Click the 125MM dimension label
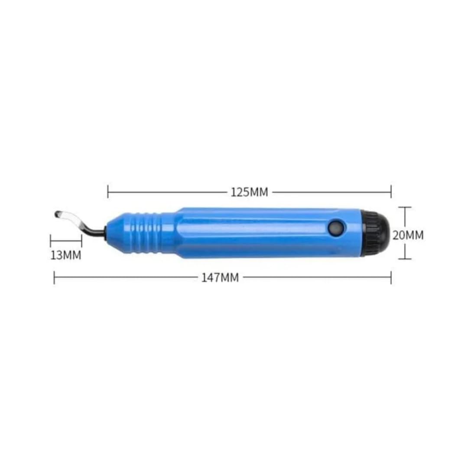coord(250,192)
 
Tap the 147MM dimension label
coord(220,278)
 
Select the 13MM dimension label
coord(66,256)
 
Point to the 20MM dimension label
coord(408,235)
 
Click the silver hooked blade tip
coord(67,218)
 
